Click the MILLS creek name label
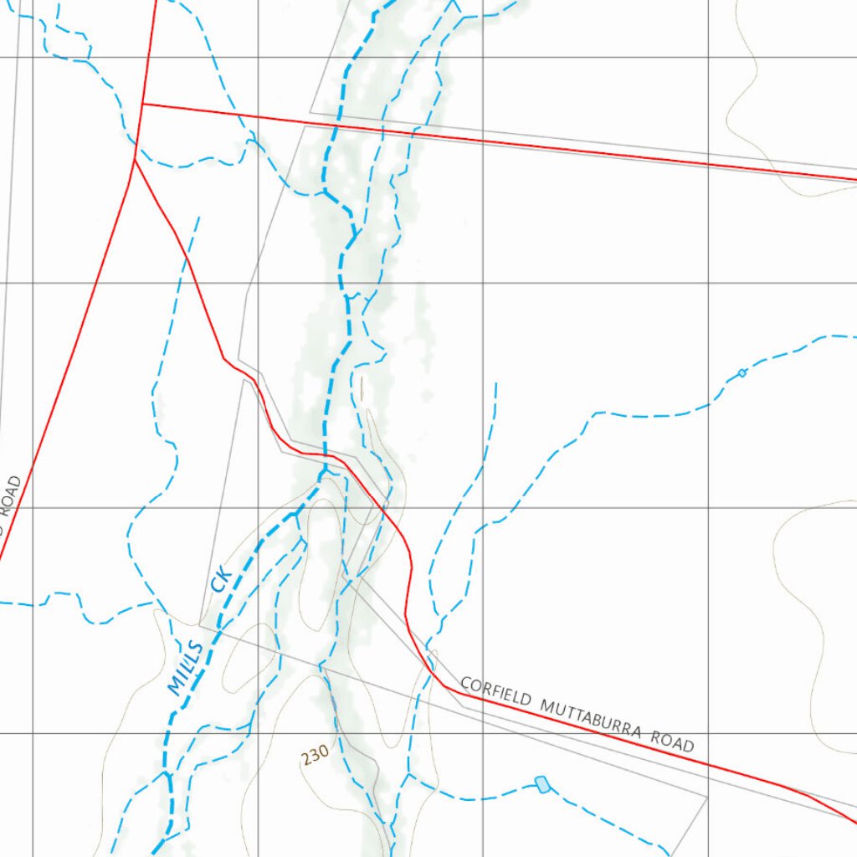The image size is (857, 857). coord(186,668)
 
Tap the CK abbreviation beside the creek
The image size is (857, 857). coord(221,578)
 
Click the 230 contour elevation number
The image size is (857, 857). coord(315,756)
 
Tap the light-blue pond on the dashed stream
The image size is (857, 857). coord(542,784)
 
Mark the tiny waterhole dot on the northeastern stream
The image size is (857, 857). coord(742,372)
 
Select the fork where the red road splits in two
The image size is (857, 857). coord(135,159)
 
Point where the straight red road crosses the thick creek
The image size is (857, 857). coord(336,127)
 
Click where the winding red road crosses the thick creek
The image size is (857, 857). coord(324,454)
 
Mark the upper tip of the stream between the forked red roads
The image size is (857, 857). coord(198,218)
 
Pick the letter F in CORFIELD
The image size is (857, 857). coord(493,691)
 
